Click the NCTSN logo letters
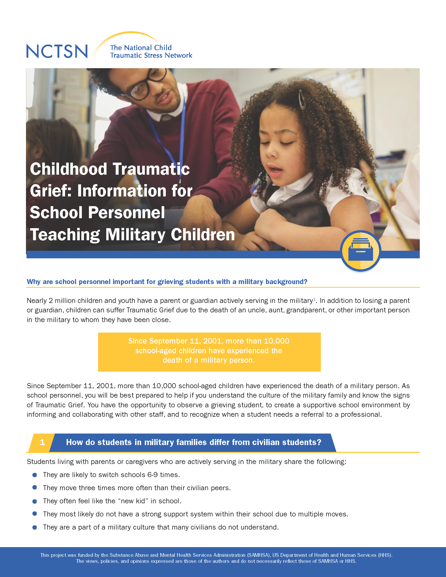click(x=57, y=51)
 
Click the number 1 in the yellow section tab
click(x=42, y=442)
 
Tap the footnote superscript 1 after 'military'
click(x=314, y=299)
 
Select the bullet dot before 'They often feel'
click(x=35, y=501)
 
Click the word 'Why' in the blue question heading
click(x=34, y=282)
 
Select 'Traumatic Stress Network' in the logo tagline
click(x=151, y=55)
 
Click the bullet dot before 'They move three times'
click(x=35, y=488)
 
